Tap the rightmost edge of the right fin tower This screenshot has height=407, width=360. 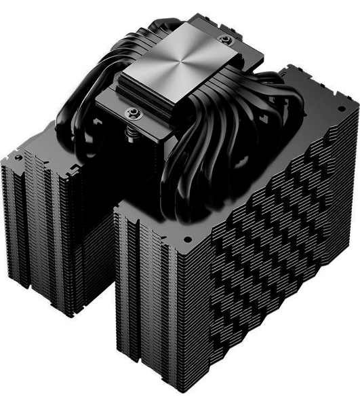coord(357,203)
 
